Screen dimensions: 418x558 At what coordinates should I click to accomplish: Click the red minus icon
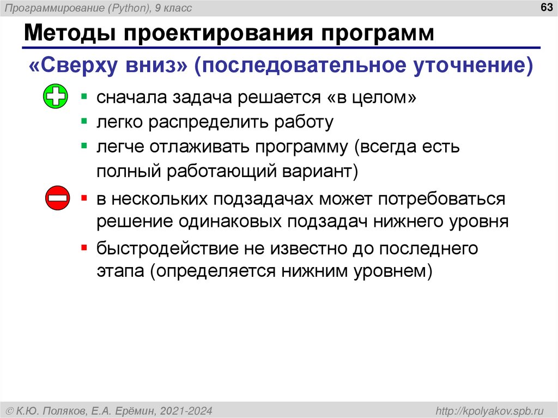[57, 198]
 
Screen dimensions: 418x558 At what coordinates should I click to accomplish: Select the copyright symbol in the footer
[9, 410]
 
